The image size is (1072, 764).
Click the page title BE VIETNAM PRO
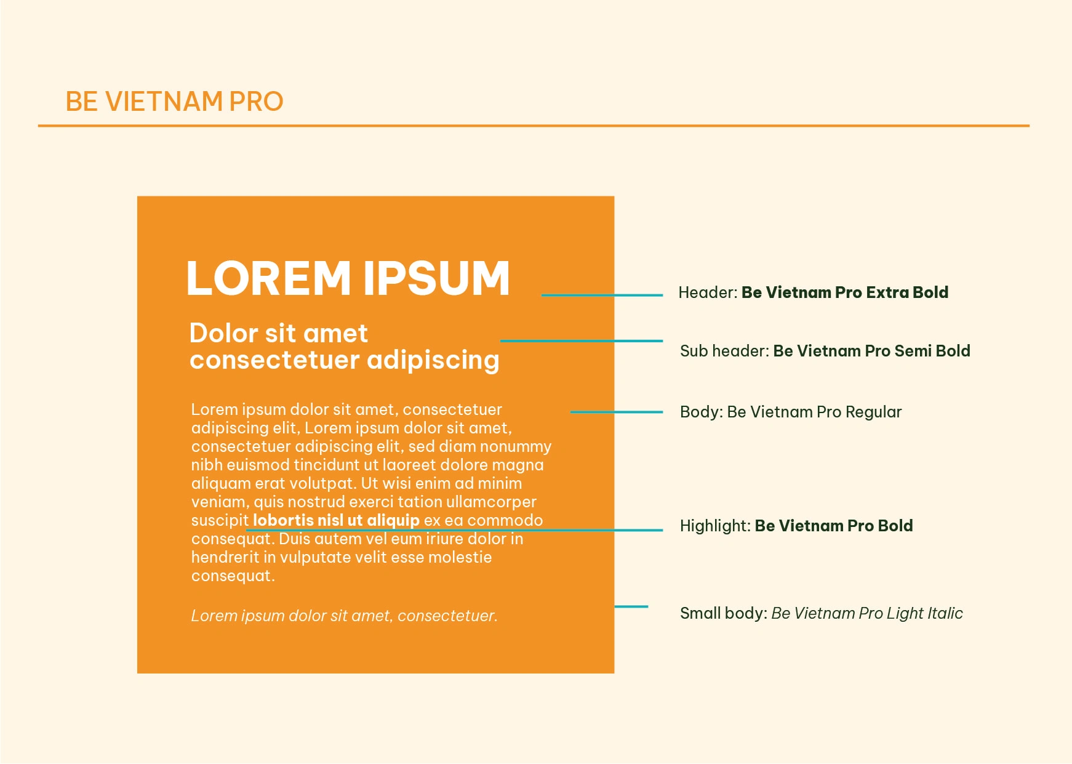[174, 102]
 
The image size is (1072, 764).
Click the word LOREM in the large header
[268, 278]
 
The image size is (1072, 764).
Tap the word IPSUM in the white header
[436, 278]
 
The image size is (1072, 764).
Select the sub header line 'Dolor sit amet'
[278, 333]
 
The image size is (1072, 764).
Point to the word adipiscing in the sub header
[433, 361]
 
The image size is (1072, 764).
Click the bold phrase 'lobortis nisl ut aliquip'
[336, 520]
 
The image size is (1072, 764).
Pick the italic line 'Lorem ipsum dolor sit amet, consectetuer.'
[344, 616]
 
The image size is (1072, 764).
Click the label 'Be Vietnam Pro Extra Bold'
[845, 292]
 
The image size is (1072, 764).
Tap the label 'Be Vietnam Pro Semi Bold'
[871, 351]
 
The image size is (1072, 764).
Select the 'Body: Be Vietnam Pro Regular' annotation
[791, 412]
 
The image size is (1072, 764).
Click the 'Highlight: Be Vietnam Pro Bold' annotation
[796, 526]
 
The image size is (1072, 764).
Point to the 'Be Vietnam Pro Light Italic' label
[867, 613]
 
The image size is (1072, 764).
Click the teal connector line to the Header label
[602, 296]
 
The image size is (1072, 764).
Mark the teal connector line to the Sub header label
[582, 340]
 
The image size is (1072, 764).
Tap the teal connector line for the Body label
[617, 412]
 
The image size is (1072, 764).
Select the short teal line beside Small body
[631, 606]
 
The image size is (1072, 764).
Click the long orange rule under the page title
[534, 126]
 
